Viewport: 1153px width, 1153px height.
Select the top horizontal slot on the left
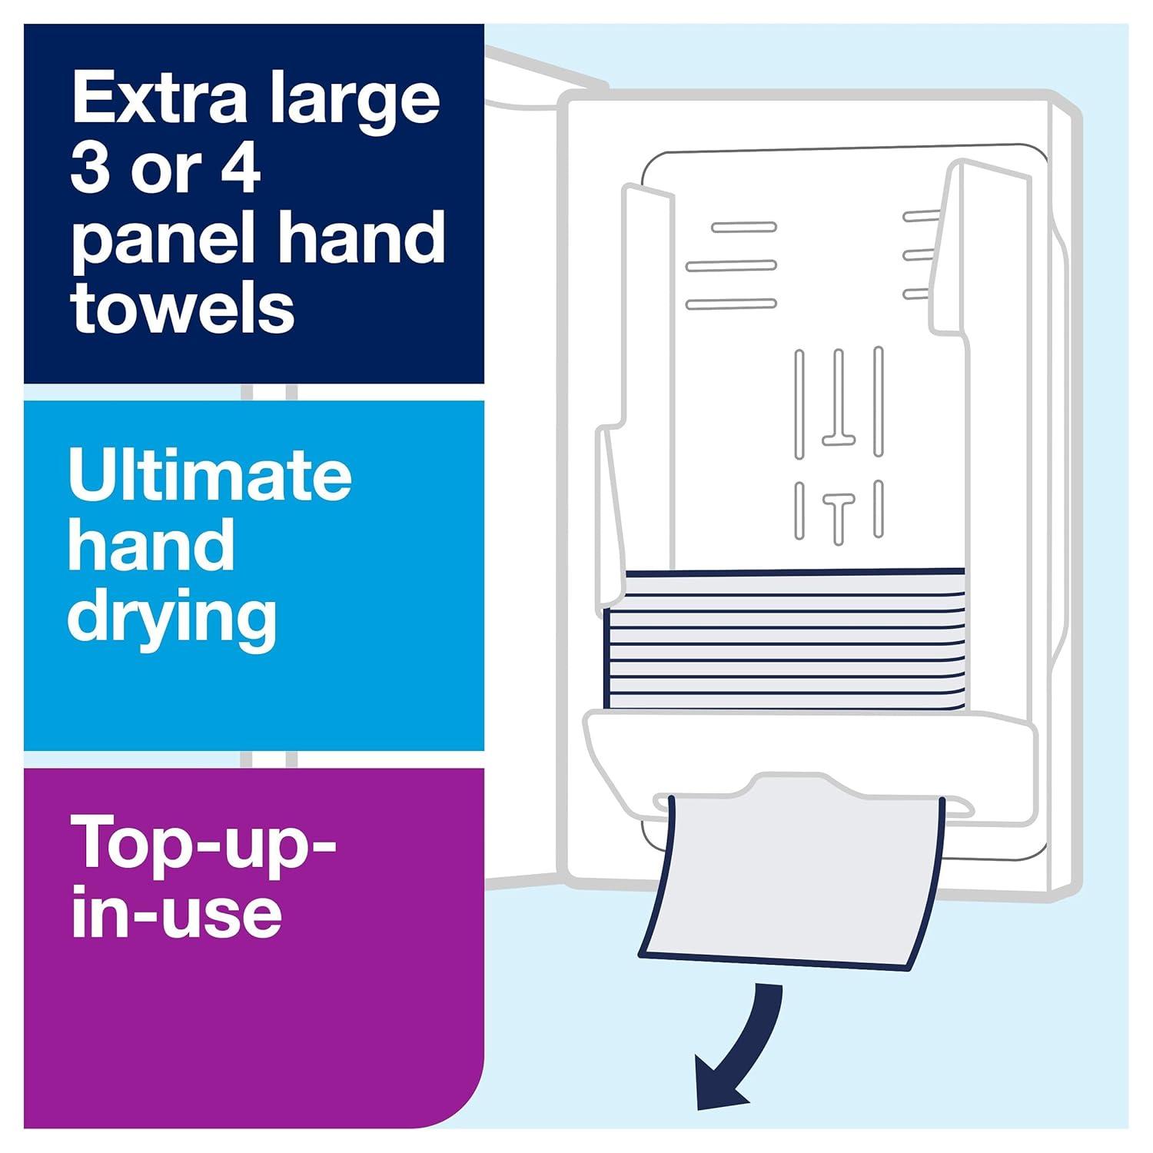pos(743,227)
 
